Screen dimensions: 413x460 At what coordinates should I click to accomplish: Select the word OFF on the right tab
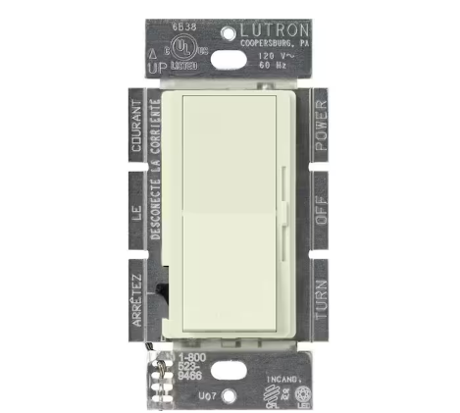click(319, 203)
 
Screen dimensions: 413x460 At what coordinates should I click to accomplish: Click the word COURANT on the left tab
click(138, 128)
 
